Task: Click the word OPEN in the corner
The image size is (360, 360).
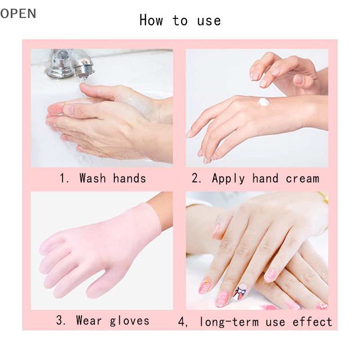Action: (x=18, y=13)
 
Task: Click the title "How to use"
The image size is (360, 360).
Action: (x=180, y=21)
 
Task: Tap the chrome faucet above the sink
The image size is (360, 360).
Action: (x=67, y=63)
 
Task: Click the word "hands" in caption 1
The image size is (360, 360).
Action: (x=130, y=178)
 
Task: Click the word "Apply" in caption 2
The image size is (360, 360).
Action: (x=228, y=179)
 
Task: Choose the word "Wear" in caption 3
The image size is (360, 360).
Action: (x=90, y=320)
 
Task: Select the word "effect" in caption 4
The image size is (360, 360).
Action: (x=312, y=322)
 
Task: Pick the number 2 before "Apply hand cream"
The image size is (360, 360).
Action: (x=196, y=179)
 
